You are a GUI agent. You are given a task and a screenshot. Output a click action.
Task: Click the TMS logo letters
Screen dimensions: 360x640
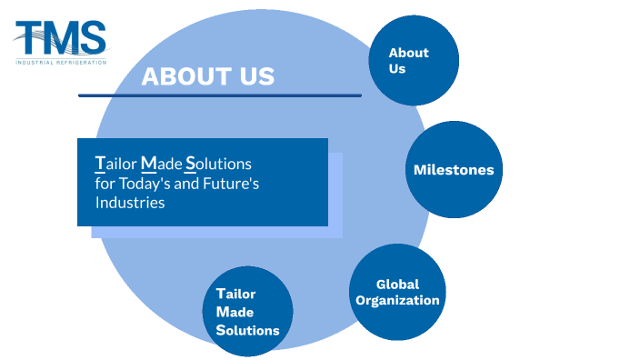coord(61,38)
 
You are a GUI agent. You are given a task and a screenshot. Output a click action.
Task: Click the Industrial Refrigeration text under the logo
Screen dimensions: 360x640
coord(61,62)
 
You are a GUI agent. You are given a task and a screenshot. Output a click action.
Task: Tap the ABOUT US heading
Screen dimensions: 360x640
coord(207,76)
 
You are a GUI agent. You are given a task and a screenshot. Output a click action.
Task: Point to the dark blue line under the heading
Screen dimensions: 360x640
coord(219,95)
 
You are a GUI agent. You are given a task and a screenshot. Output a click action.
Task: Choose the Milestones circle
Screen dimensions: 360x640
coord(454,169)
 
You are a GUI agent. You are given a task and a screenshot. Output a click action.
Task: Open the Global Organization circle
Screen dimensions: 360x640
coord(397,292)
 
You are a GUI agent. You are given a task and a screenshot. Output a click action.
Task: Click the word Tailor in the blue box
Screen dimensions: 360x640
coord(115,164)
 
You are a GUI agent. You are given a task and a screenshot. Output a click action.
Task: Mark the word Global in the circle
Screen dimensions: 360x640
coord(397,284)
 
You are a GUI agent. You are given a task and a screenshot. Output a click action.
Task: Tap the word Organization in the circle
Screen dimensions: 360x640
coord(397,300)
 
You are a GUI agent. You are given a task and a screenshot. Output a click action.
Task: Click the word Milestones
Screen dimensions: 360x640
coord(454,169)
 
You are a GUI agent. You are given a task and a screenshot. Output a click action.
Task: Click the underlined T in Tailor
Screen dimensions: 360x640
coord(99,164)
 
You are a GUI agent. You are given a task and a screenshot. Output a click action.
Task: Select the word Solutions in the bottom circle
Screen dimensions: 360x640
coord(247,330)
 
